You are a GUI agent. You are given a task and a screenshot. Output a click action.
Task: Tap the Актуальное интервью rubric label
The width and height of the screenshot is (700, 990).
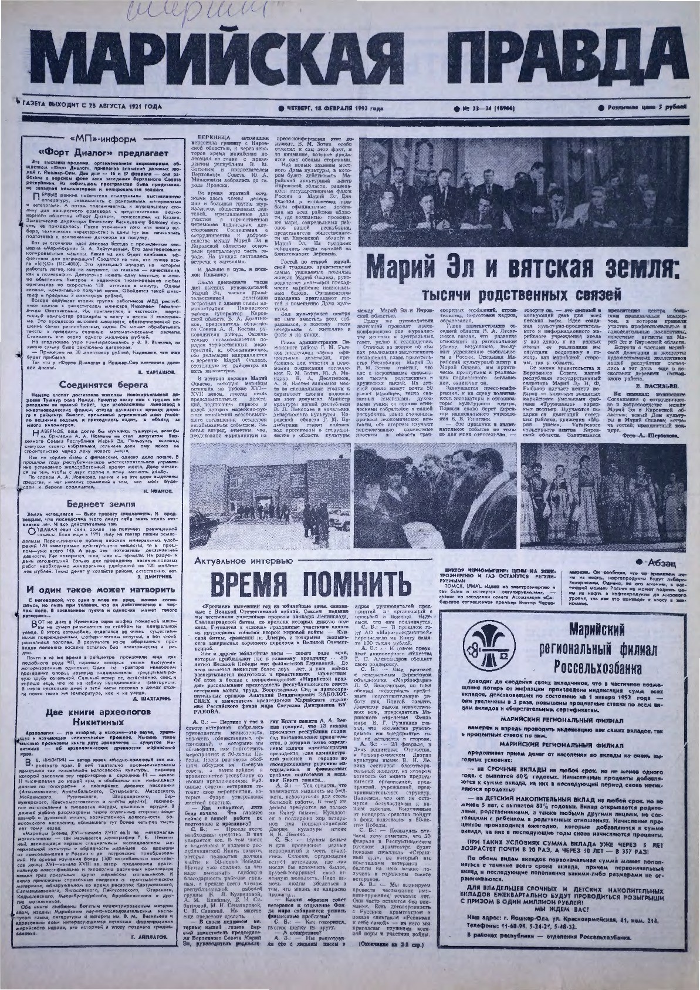[250, 561]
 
